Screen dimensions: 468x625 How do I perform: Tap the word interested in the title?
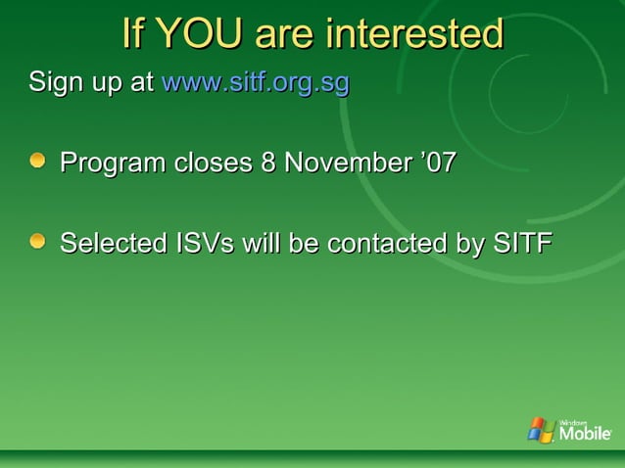pyautogui.click(x=415, y=34)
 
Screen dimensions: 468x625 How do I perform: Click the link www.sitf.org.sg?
pyautogui.click(x=255, y=83)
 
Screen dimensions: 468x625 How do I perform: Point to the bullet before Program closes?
pyautogui.click(x=37, y=160)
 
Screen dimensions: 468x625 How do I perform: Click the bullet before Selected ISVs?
pyautogui.click(x=37, y=241)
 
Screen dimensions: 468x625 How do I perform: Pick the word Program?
pyautogui.click(x=114, y=163)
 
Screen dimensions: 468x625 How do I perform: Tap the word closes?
pyautogui.click(x=214, y=162)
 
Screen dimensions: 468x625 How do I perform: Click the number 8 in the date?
pyautogui.click(x=267, y=162)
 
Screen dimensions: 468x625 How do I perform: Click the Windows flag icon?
pyautogui.click(x=541, y=429)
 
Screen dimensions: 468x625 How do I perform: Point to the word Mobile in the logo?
pyautogui.click(x=585, y=434)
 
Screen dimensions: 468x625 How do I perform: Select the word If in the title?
pyautogui.click(x=134, y=34)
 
